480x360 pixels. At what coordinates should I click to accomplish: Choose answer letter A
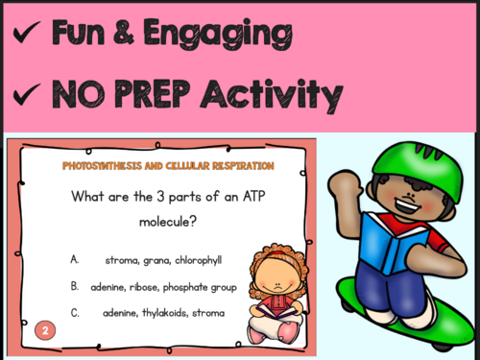pyautogui.click(x=74, y=259)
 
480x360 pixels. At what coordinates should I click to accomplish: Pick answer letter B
pyautogui.click(x=74, y=286)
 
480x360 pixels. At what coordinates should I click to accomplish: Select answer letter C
pyautogui.click(x=74, y=311)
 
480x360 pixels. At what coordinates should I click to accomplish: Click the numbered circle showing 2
pyautogui.click(x=43, y=331)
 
